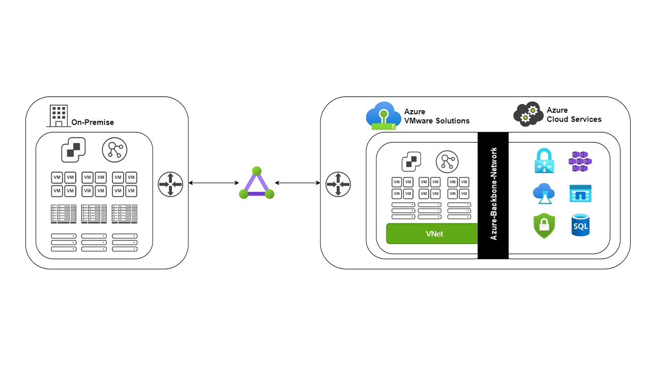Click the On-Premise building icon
(x=57, y=116)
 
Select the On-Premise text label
(x=93, y=122)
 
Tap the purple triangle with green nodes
(x=257, y=184)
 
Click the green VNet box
(x=432, y=234)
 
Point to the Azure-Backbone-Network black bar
(x=493, y=195)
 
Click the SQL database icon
(x=580, y=225)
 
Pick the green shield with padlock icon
(x=544, y=226)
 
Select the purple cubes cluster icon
(x=580, y=161)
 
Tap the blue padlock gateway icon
(x=544, y=161)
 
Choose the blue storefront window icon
(x=580, y=193)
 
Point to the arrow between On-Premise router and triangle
(x=214, y=183)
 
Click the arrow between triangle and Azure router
(x=298, y=183)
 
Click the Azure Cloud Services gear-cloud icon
(x=528, y=114)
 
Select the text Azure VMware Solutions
(x=436, y=116)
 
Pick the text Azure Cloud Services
(x=574, y=115)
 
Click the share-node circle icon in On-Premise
(x=114, y=150)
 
